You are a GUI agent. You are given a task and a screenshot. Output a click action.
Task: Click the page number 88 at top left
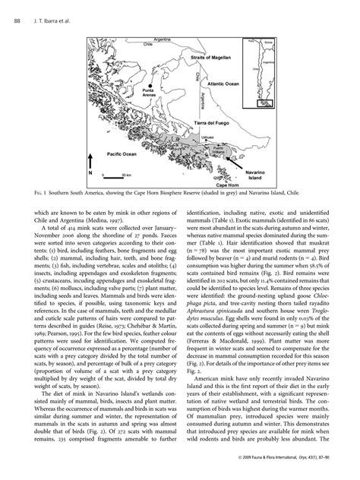pos(17,21)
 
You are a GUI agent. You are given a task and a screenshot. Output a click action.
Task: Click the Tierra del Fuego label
pos(213,122)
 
